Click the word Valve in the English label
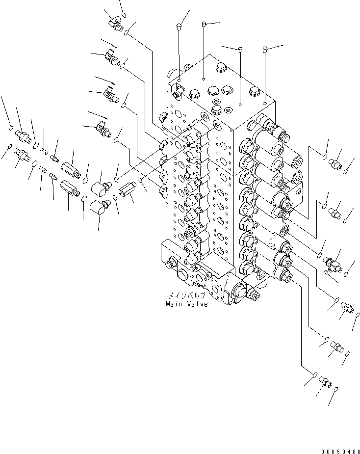(197, 304)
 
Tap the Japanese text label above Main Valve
(187, 296)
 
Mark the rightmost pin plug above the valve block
(265, 49)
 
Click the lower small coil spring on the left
(43, 171)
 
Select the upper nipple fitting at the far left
(23, 134)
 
